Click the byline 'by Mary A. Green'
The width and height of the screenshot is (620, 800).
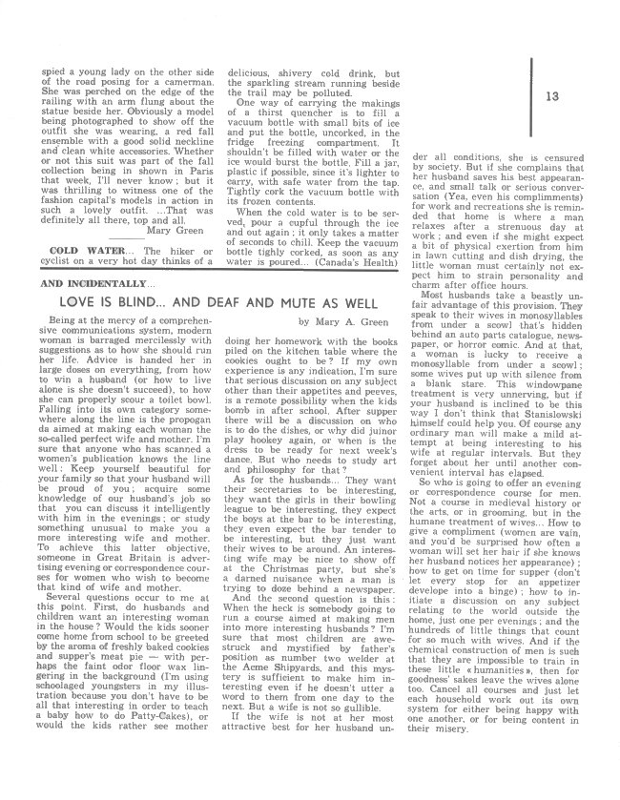point(341,322)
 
